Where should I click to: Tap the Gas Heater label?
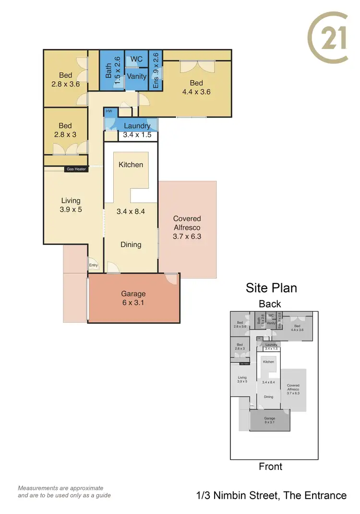(x=76, y=169)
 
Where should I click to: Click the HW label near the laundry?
(x=109, y=111)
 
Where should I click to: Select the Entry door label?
(x=93, y=265)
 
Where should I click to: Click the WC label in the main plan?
(x=137, y=59)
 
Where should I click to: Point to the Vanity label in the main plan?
(x=137, y=76)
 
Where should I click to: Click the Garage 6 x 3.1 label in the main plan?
(x=133, y=298)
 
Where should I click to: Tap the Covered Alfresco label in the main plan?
(x=187, y=227)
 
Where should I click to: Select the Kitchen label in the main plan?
(x=131, y=165)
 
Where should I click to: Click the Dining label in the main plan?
(x=131, y=245)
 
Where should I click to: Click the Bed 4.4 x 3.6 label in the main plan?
(x=196, y=87)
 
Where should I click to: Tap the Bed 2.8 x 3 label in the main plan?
(x=66, y=130)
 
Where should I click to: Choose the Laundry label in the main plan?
(x=137, y=126)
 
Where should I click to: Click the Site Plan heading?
(x=271, y=288)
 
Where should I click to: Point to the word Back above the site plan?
(x=270, y=304)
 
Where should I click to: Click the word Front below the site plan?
(x=270, y=466)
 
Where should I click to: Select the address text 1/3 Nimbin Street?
(x=271, y=495)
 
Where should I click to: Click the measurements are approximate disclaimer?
(x=64, y=491)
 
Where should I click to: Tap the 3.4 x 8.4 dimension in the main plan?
(x=131, y=210)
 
